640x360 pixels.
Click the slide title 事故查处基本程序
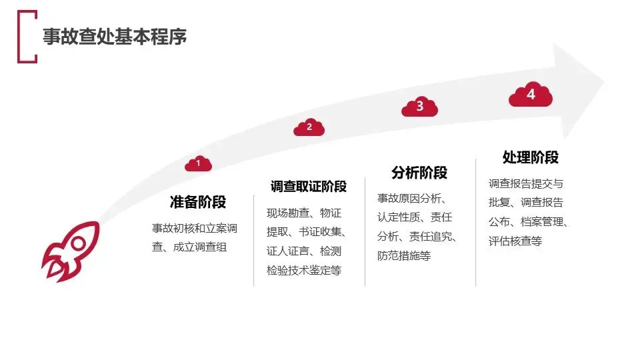point(115,36)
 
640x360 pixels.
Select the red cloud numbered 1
point(199,163)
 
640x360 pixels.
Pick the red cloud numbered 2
point(309,127)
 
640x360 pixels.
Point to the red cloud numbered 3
point(419,107)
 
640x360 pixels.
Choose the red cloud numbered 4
point(531,94)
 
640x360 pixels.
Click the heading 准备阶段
point(198,201)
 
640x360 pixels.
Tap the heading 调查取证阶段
point(309,187)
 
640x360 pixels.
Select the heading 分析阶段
point(419,173)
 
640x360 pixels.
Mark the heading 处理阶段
point(530,157)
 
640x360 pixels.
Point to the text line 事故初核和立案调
point(195,228)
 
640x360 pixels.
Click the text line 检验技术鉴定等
point(304,270)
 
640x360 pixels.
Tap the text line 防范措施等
point(404,255)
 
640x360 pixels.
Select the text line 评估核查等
point(515,241)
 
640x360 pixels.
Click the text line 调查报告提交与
point(526,183)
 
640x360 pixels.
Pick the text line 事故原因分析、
point(412,199)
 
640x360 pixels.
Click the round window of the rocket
point(79,244)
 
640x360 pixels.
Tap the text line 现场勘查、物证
point(304,213)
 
